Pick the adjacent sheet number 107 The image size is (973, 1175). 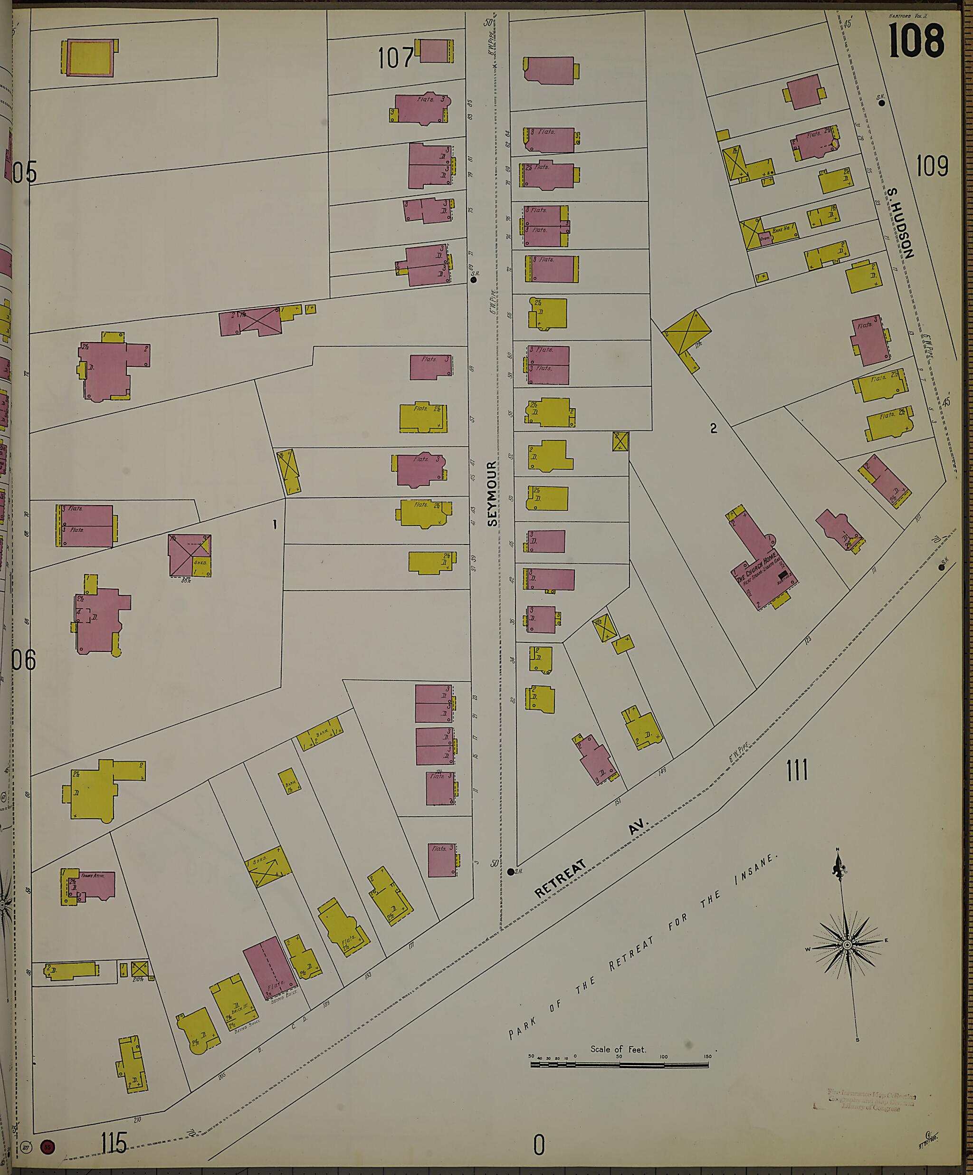(x=395, y=57)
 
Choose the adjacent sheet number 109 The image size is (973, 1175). (x=932, y=166)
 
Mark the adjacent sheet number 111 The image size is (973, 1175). (x=797, y=771)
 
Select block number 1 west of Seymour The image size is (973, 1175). (x=275, y=525)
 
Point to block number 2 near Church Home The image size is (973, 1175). (x=713, y=429)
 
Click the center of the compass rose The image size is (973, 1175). (x=847, y=945)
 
